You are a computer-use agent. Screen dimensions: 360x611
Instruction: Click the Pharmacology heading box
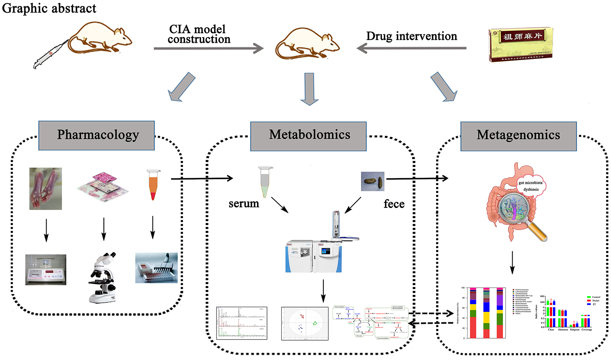pos(96,135)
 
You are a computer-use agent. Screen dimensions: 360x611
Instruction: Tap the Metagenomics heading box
pos(518,136)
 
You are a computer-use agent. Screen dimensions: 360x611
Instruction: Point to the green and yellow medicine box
pos(521,45)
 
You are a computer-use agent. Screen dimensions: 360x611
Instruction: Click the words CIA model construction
pos(198,34)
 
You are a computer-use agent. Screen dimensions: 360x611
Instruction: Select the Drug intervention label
pos(412,36)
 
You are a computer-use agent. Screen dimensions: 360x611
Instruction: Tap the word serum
pos(244,204)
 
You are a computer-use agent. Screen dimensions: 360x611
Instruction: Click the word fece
pos(394,204)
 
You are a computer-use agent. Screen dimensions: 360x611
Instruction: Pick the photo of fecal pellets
pos(372,181)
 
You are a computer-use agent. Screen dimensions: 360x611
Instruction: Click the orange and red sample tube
pos(153,185)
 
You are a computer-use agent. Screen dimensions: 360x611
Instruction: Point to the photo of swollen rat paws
pos(45,188)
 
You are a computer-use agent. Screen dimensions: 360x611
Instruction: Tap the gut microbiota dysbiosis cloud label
pos(530,186)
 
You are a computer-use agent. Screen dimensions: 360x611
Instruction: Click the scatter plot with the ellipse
pos(305,323)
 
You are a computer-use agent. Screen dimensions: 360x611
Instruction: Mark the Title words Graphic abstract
pos(49,8)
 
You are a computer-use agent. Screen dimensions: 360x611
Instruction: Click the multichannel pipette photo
pos(156,268)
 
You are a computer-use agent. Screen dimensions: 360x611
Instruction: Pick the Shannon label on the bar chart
pos(563,330)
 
